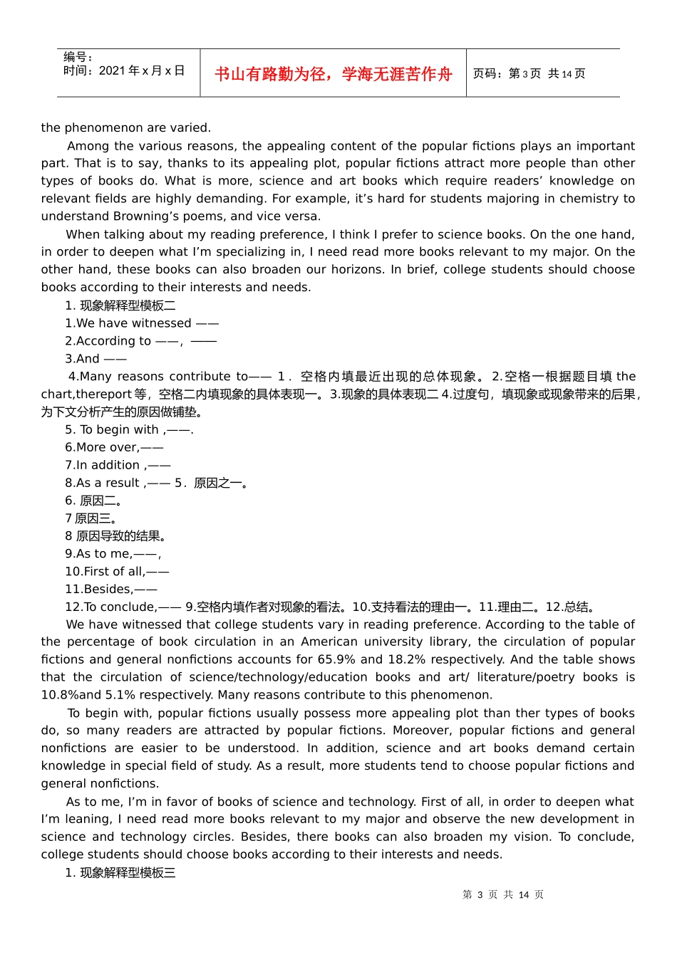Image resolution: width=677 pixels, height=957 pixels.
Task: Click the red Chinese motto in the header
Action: coord(333,74)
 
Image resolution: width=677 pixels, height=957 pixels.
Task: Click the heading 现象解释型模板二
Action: coord(127,305)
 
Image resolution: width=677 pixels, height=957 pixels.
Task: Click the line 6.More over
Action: coord(114,447)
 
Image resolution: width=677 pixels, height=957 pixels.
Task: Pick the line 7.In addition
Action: coord(118,465)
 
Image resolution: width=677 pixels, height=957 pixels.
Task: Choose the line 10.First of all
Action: coord(117,571)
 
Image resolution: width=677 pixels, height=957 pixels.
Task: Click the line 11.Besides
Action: coord(110,589)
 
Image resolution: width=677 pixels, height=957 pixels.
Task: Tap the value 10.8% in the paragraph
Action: coord(60,695)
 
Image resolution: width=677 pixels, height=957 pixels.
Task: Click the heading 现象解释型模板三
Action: coord(127,873)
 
